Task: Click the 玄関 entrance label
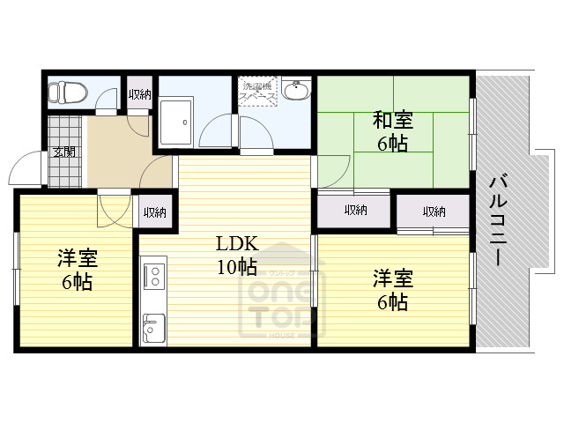(x=63, y=152)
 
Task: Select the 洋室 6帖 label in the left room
(x=78, y=270)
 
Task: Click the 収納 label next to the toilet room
(x=139, y=94)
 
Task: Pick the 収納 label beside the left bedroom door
(x=155, y=212)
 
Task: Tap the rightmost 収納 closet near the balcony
(x=433, y=211)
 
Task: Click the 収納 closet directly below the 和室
(x=356, y=211)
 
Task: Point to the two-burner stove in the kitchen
(x=152, y=274)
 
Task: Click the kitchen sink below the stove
(x=152, y=329)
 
